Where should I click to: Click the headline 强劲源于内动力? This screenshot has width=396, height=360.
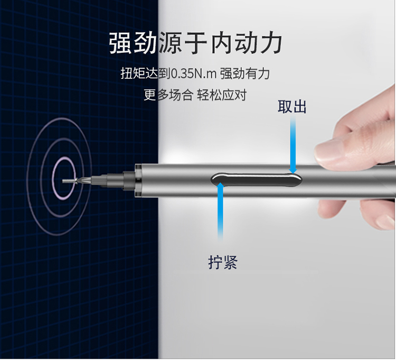click(x=195, y=43)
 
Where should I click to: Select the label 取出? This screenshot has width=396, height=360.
click(x=292, y=106)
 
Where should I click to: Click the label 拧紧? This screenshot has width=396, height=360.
click(x=223, y=262)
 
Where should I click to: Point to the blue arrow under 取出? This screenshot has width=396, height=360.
click(x=293, y=145)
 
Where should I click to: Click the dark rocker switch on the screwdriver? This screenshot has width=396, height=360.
click(x=256, y=180)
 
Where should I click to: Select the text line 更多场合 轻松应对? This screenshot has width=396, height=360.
click(x=195, y=95)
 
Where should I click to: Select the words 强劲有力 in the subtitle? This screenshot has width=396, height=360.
click(x=245, y=74)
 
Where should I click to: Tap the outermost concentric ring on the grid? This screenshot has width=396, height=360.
click(x=27, y=177)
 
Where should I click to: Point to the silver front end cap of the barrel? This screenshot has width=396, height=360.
click(x=138, y=180)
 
